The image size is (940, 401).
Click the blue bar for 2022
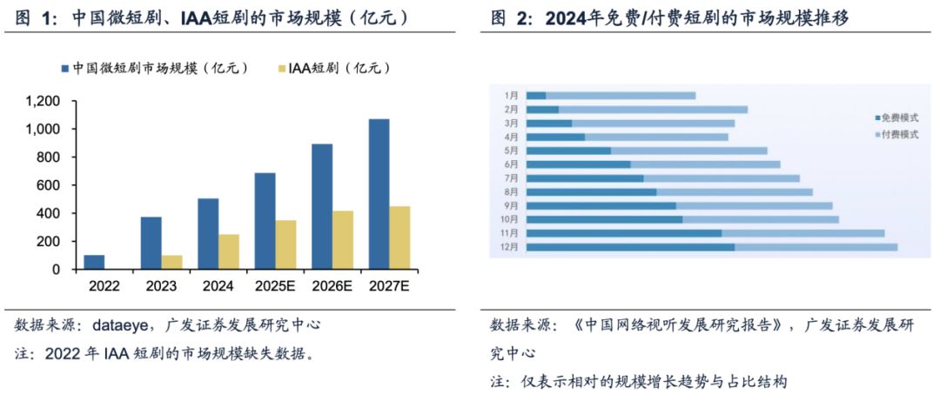pos(94,262)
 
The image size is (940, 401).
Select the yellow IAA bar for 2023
pos(171,262)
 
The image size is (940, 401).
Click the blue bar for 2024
pos(208,234)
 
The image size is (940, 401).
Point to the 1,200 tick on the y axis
pos(43,101)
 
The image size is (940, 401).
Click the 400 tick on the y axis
pos(49,213)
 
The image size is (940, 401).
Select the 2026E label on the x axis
pos(332,284)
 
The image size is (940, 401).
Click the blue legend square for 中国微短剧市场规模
pos(65,68)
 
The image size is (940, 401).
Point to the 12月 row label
pos(511,247)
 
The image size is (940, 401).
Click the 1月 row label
pos(512,95)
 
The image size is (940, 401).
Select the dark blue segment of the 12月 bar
pos(630,247)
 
